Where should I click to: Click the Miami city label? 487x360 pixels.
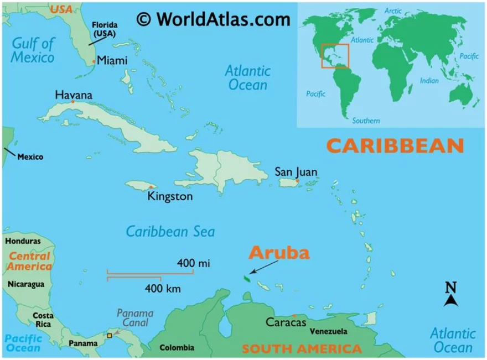112,61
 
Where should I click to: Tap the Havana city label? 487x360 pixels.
74,95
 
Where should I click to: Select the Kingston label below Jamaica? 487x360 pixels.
170,196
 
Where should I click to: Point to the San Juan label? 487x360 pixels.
296,172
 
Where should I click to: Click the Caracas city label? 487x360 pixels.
286,322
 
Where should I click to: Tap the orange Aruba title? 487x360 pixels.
278,252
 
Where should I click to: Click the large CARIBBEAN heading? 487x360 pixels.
395,145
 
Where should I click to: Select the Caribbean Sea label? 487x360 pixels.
170,231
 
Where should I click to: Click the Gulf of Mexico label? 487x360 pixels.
34,50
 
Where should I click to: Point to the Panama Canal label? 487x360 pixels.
134,319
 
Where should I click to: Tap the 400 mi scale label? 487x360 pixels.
193,263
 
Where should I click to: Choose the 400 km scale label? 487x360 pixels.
162,288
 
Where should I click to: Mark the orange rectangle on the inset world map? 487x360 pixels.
335,56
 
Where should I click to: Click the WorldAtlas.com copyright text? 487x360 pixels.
213,19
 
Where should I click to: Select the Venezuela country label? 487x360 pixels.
328,331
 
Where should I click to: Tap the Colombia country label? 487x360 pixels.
177,348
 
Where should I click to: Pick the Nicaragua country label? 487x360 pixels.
25,284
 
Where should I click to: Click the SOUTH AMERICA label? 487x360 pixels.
302,349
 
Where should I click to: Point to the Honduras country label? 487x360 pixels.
23,241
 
